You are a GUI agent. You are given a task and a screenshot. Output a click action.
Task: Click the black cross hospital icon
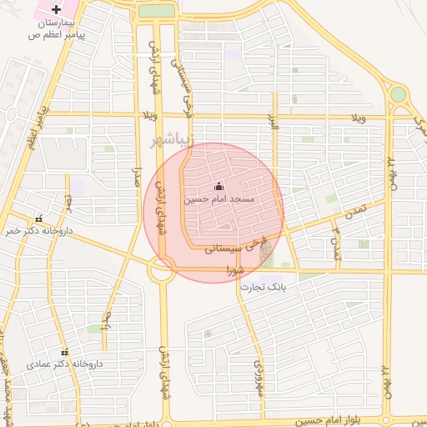pyautogui.click(x=56, y=8)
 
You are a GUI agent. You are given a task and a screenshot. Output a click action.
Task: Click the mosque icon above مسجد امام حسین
pyautogui.click(x=219, y=185)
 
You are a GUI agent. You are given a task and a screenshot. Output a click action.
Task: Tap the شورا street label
pyautogui.click(x=234, y=269)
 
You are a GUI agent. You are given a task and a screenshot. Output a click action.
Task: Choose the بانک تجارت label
pyautogui.click(x=264, y=287)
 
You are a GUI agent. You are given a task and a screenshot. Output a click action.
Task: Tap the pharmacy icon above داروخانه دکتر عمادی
pyautogui.click(x=65, y=352)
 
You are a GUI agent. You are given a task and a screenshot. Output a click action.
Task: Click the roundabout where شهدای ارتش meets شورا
pyautogui.click(x=161, y=269)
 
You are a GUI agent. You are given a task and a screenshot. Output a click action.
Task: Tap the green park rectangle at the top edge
pyautogui.click(x=156, y=10)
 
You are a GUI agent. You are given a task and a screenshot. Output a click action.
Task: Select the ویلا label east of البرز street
pyautogui.click(x=359, y=118)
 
